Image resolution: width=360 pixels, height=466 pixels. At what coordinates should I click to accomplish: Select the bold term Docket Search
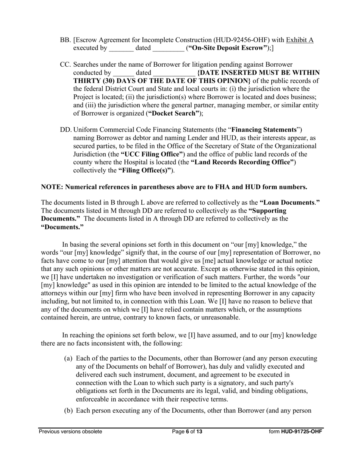pyautogui.click(x=173, y=114)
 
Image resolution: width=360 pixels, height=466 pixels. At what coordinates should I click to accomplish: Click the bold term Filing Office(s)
pyautogui.click(x=144, y=171)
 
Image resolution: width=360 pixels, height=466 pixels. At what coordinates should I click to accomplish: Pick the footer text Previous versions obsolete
pyautogui.click(x=70, y=432)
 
